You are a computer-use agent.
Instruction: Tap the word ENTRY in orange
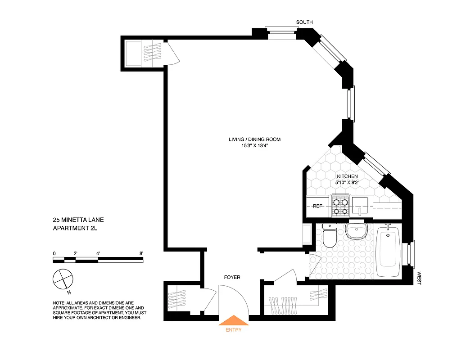[x=233, y=330]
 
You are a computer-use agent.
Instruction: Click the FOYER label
[x=232, y=278]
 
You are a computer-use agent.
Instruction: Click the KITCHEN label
[x=347, y=176]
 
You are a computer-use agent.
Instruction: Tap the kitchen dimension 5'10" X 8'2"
[x=347, y=183]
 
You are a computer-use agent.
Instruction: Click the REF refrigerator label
[x=318, y=206]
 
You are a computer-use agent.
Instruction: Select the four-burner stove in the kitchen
[x=341, y=206]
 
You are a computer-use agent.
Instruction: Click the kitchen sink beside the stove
[x=360, y=206]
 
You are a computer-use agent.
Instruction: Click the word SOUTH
[x=304, y=22]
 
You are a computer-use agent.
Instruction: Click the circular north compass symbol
[x=62, y=279]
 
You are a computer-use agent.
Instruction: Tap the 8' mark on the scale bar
[x=141, y=253]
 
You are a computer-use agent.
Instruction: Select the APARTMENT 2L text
[x=75, y=228]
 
